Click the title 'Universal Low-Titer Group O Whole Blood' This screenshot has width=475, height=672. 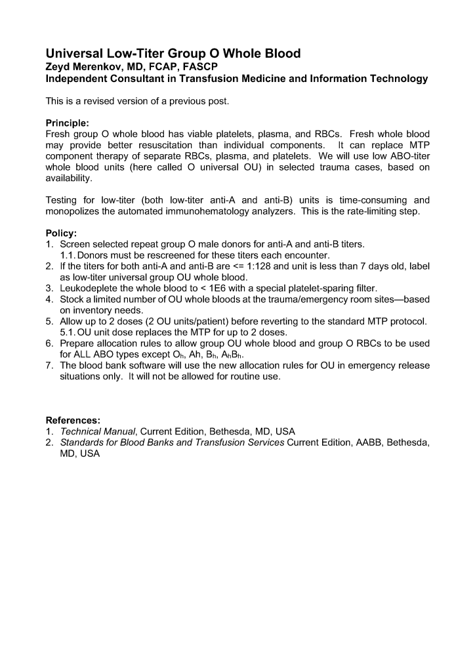tap(173, 54)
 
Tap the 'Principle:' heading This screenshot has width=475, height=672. tap(67, 123)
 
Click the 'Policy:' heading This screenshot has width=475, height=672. tap(61, 233)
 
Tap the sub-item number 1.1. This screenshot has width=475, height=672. tap(68, 255)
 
